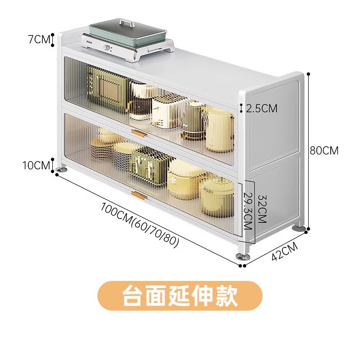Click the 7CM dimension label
click(x=38, y=39)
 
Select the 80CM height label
click(x=324, y=151)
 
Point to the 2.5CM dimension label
click(x=262, y=108)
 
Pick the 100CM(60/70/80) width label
click(x=140, y=225)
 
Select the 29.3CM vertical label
click(x=248, y=211)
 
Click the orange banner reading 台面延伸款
click(x=180, y=296)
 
